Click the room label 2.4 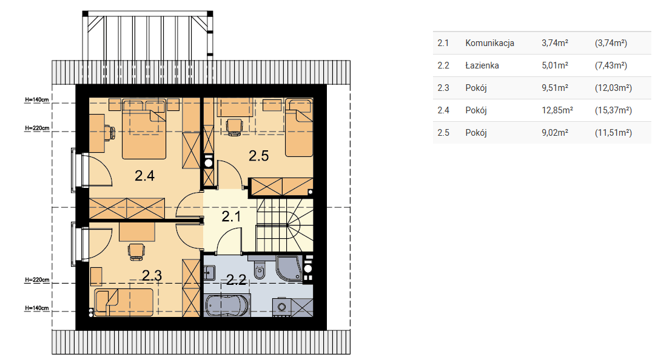point(144,175)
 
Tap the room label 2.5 point(258,156)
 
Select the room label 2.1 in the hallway point(231,216)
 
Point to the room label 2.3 point(152,276)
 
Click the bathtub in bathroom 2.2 point(227,305)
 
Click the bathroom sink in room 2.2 point(209,273)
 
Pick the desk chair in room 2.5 point(234,127)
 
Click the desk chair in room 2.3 point(136,252)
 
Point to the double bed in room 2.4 point(144,129)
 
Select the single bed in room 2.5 point(299,127)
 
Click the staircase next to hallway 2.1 point(284,225)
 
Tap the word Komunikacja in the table point(490,43)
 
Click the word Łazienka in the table point(482,65)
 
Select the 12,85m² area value point(557,110)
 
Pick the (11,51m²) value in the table point(613,133)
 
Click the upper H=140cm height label point(37,100)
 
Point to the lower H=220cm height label point(37,280)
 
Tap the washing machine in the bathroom point(281,307)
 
